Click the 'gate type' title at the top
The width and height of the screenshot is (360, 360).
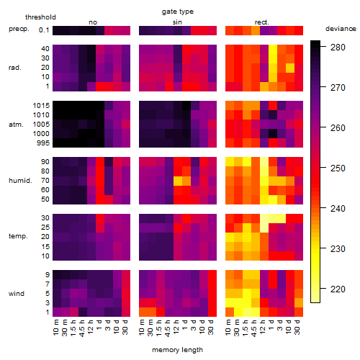(x=178, y=12)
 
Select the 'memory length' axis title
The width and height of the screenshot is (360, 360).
(x=177, y=350)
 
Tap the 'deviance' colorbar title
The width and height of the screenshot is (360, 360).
(x=341, y=29)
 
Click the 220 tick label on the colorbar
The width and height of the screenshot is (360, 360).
(x=338, y=289)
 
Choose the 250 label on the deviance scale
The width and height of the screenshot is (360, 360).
(x=338, y=168)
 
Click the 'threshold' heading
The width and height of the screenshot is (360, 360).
(x=40, y=17)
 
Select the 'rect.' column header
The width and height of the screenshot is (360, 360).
(x=261, y=22)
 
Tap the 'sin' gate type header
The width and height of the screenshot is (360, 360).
(x=177, y=22)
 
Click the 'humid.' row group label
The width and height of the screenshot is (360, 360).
(x=20, y=181)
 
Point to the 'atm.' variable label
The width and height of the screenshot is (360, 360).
(x=16, y=125)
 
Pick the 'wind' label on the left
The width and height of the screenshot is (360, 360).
(x=17, y=294)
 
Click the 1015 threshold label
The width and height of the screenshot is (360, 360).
(x=41, y=106)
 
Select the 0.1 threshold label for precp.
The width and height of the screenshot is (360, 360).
(x=44, y=30)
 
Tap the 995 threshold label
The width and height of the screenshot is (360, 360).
(x=43, y=143)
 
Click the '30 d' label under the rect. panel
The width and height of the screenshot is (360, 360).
(x=297, y=327)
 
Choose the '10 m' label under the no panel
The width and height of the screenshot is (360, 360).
(x=55, y=327)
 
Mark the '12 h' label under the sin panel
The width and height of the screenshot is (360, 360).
(x=176, y=327)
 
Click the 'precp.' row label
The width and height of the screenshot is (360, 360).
(x=19, y=29)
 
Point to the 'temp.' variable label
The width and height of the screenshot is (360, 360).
(x=18, y=236)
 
